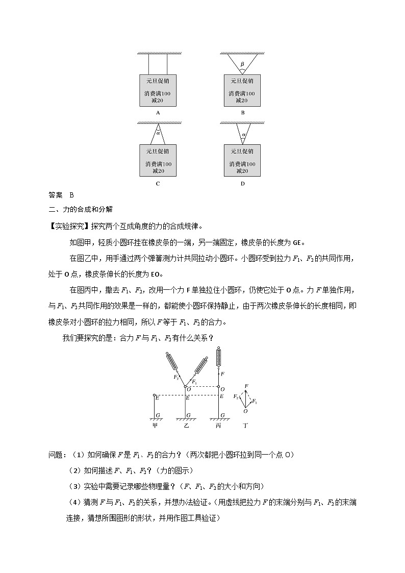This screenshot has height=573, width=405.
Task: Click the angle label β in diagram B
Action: tap(242, 64)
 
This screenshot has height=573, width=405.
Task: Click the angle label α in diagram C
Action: tap(158, 133)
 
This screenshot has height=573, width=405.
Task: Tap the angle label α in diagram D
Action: tap(243, 135)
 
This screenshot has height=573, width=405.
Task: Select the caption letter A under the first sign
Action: tap(158, 113)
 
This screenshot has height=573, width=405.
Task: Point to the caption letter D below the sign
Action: tap(242, 184)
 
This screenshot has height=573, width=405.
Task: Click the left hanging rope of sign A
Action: tap(148, 64)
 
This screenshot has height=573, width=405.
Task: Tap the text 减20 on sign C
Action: tap(158, 171)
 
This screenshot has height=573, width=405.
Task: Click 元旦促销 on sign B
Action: tap(242, 81)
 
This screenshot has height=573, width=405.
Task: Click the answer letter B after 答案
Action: tap(71, 195)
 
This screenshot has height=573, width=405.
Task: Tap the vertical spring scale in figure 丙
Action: tap(220, 357)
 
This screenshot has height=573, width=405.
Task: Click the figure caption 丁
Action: tap(245, 425)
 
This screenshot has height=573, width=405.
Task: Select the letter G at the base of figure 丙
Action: tap(223, 415)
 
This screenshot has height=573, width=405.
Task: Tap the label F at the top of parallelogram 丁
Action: tap(246, 386)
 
